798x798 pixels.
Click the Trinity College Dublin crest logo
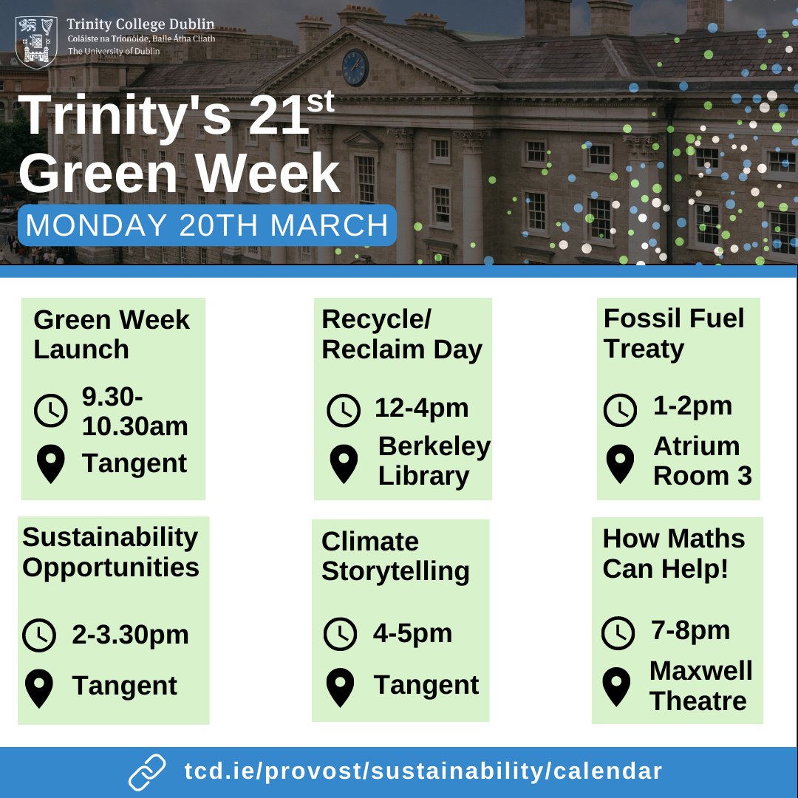pyautogui.click(x=36, y=42)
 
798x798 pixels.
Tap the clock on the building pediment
pyautogui.click(x=355, y=67)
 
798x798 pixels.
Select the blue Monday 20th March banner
pyautogui.click(x=207, y=225)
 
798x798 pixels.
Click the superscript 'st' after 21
pyautogui.click(x=319, y=102)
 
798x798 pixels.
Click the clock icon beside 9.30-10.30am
pyautogui.click(x=51, y=411)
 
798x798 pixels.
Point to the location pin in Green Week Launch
pyautogui.click(x=51, y=464)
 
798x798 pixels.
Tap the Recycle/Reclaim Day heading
pyautogui.click(x=401, y=334)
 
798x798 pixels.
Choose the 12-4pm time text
pyautogui.click(x=421, y=408)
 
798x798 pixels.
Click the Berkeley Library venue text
pyautogui.click(x=434, y=461)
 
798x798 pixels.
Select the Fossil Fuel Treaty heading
pyautogui.click(x=674, y=333)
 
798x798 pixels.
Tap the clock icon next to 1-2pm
pyautogui.click(x=620, y=410)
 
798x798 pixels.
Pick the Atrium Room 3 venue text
pyautogui.click(x=702, y=461)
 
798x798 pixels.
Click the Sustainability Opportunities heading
pyautogui.click(x=111, y=552)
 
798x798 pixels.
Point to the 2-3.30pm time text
pyautogui.click(x=130, y=635)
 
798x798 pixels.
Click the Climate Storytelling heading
pyautogui.click(x=395, y=556)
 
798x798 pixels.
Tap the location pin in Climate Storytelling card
pyautogui.click(x=340, y=687)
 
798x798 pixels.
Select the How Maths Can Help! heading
pyautogui.click(x=674, y=553)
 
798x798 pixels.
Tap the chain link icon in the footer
pyautogui.click(x=148, y=772)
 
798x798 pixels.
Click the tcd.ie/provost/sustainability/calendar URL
pyautogui.click(x=423, y=771)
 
